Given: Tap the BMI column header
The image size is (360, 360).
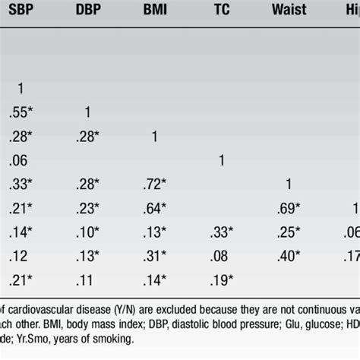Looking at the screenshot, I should pos(156,13).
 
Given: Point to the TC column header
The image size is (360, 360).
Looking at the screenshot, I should pos(221,13).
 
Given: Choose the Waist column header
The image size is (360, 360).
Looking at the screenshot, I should pos(288,13).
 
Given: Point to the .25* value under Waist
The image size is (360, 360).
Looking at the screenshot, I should pos(288,231).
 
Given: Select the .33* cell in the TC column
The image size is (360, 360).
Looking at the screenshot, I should pos(221,231).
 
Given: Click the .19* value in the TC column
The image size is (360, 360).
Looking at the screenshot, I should pos(221,278).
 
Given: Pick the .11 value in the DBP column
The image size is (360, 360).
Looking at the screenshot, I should pos(88,278).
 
